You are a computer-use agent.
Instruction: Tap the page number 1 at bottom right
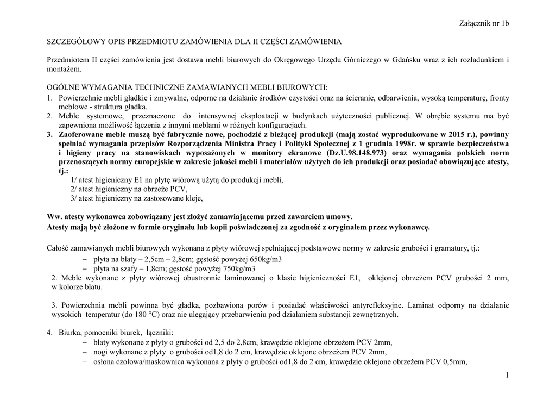point(506,376)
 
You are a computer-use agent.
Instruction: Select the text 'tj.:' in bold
point(65,171)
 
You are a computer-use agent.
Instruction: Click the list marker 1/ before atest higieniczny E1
point(74,180)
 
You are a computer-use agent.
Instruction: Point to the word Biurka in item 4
point(70,332)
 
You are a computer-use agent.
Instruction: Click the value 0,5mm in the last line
point(453,361)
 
